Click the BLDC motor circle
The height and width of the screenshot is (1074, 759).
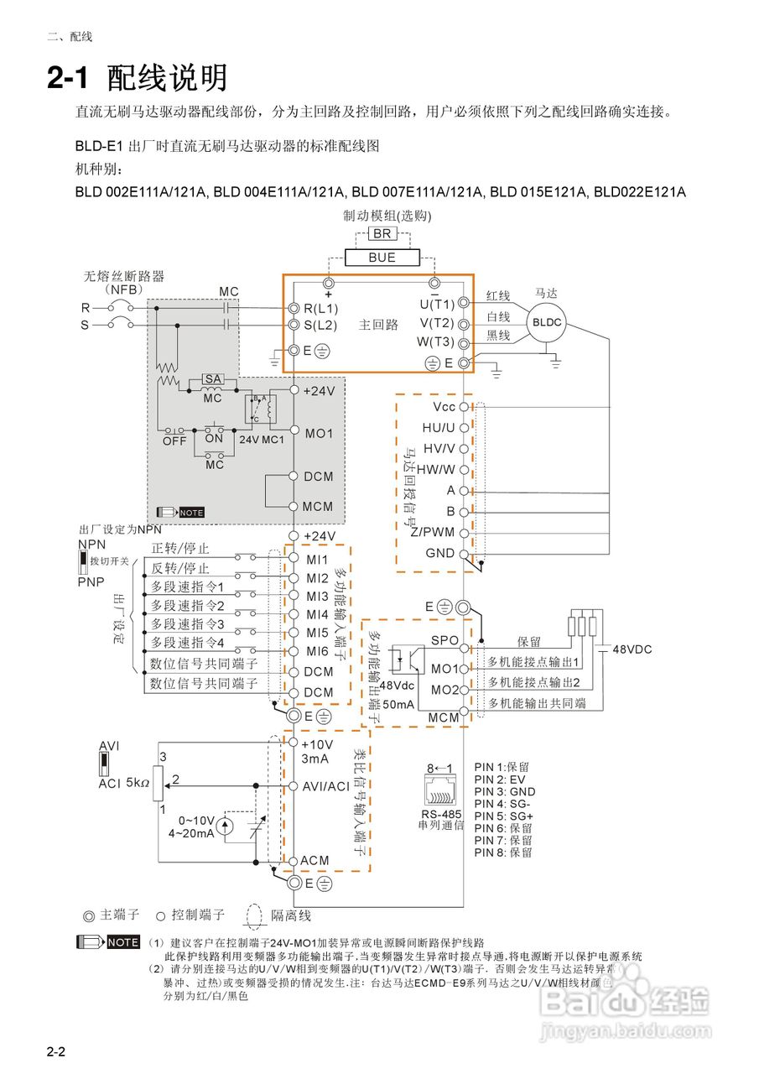click(546, 322)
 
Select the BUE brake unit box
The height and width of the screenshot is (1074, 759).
click(382, 258)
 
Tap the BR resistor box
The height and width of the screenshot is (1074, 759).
click(382, 234)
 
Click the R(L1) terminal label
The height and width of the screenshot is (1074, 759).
click(321, 308)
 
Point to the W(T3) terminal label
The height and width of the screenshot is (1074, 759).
click(435, 341)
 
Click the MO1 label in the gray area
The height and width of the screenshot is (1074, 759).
click(319, 434)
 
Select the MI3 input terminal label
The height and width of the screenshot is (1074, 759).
click(317, 597)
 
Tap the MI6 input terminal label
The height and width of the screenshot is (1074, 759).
click(317, 651)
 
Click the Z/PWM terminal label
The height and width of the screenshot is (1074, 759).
click(433, 532)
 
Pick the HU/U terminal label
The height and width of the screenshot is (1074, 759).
click(439, 427)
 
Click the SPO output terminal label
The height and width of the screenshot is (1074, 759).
click(444, 640)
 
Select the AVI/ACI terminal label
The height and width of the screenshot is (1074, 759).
click(325, 786)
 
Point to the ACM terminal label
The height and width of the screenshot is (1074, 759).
click(315, 861)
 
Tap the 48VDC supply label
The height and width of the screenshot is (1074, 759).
click(632, 649)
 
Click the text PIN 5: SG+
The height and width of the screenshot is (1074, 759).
click(504, 816)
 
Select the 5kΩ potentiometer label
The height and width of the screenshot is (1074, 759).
click(138, 783)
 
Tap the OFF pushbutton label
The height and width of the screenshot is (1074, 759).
click(174, 441)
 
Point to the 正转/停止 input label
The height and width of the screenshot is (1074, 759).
click(179, 549)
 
